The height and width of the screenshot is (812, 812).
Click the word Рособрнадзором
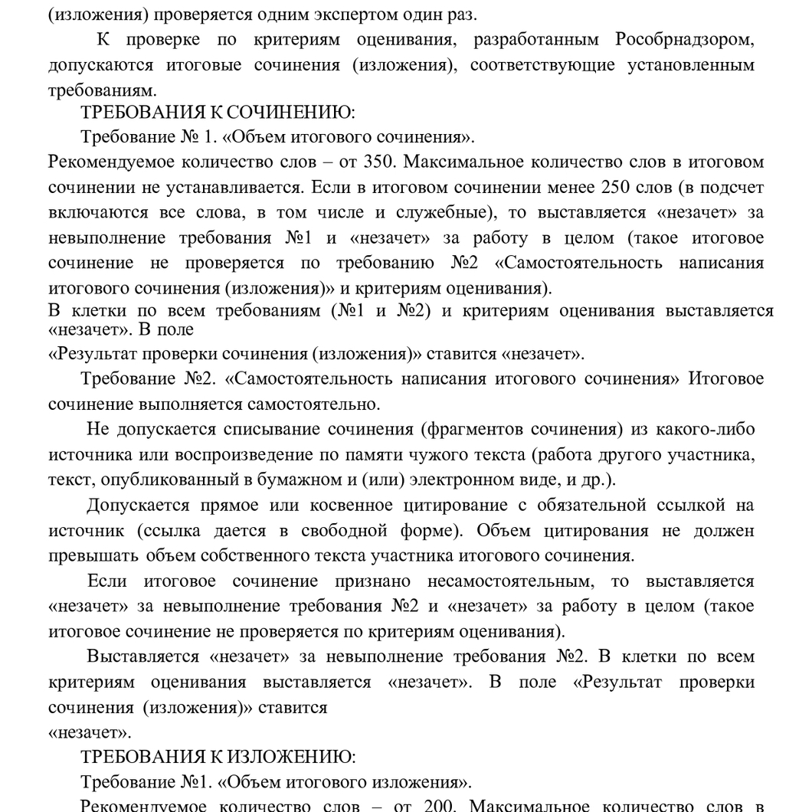pos(684,40)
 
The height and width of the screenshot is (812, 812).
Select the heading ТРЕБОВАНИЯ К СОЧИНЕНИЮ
pos(218,113)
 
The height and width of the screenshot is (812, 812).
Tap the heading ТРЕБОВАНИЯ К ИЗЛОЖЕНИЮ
pos(218,758)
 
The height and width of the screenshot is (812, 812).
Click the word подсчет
pos(724,188)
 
